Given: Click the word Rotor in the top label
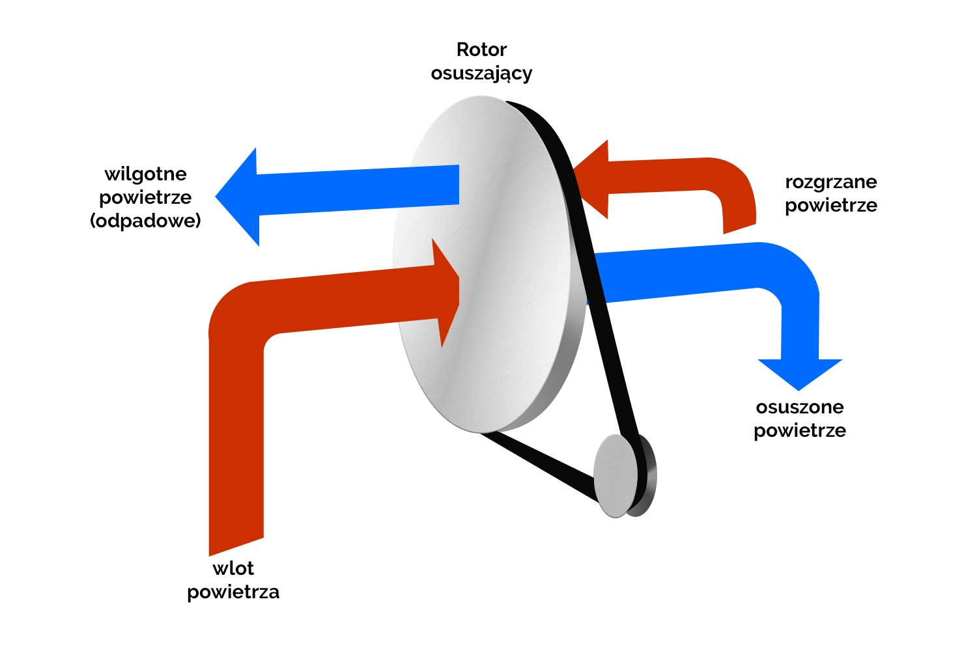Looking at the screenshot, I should click(x=481, y=49).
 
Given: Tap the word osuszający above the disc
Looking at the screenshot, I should click(x=481, y=74).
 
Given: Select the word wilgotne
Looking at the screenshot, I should click(x=145, y=174).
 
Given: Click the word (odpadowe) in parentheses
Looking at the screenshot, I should click(x=145, y=221).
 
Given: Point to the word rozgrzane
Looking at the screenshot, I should click(x=830, y=182).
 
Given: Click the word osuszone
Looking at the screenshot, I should click(x=800, y=407).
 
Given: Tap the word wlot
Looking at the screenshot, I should click(x=233, y=568).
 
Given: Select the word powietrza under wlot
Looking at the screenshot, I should click(x=233, y=592).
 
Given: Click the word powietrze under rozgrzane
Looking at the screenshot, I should click(x=830, y=205).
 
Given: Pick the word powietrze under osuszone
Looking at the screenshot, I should click(x=800, y=430).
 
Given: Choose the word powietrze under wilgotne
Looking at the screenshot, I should click(x=145, y=197).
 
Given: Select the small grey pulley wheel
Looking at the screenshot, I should click(x=615, y=475).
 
